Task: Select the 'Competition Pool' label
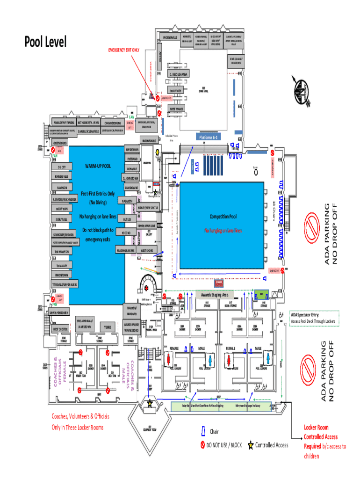click(x=223, y=217)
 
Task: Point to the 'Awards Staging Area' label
click(x=215, y=295)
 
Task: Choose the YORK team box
click(x=107, y=327)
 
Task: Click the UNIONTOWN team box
click(x=62, y=275)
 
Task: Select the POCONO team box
click(x=126, y=232)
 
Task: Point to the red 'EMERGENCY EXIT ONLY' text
click(x=123, y=50)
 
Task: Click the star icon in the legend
click(x=251, y=445)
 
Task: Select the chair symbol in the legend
click(x=203, y=431)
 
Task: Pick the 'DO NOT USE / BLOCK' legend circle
click(x=203, y=445)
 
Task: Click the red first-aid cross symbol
click(x=147, y=289)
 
